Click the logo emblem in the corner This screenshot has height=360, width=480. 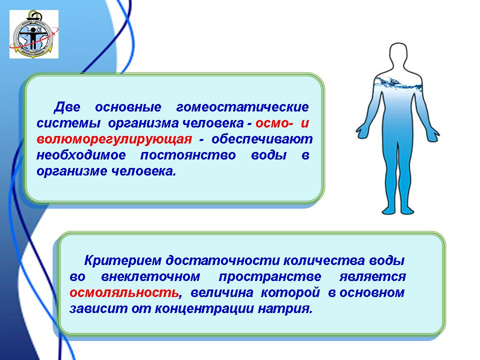(34, 34)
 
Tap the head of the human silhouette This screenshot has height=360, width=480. (398, 55)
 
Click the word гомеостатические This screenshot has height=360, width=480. (242, 107)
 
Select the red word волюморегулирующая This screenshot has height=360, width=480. (114, 139)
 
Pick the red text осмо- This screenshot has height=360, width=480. (274, 123)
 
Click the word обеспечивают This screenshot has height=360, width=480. (262, 139)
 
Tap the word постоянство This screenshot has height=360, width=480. (188, 155)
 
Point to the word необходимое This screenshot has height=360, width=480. (81, 155)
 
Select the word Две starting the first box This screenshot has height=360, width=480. (67, 107)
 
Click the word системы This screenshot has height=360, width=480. (68, 123)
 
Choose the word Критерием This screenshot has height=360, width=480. (123, 260)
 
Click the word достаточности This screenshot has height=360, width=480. (223, 260)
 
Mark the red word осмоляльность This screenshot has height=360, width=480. (124, 292)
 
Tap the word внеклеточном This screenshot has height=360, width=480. (150, 276)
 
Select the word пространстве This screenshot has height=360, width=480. (270, 276)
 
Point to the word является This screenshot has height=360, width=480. (372, 276)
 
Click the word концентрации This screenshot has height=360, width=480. (204, 308)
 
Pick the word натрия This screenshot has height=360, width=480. (285, 308)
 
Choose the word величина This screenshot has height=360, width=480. (221, 292)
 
